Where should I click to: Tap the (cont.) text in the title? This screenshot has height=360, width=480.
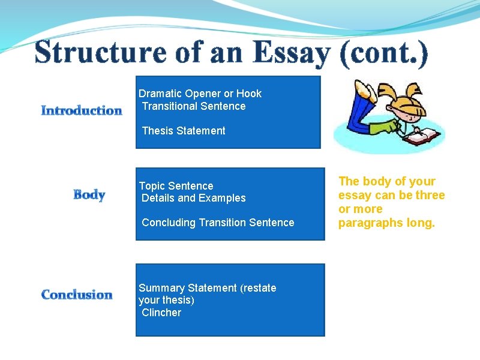pos(384,53)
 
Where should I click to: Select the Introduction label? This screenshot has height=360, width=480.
pos(82,110)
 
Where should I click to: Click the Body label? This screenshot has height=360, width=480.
pos(89,195)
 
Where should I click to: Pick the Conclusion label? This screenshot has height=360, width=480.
pos(77,295)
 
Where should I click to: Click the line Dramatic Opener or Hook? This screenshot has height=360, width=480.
pos(200,94)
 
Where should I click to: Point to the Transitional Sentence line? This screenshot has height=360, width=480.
pos(194,106)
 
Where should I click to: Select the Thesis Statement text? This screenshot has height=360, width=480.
pos(184,131)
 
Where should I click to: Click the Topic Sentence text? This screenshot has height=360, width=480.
pos(176,186)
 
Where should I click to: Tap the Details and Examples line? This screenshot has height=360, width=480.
pos(194,198)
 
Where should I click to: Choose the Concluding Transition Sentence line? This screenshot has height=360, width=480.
pos(218,223)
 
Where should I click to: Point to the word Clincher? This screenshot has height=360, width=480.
pos(161,313)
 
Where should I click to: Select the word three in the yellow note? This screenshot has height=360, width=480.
pos(430,195)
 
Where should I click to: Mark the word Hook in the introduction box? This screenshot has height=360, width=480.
pos(249,94)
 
